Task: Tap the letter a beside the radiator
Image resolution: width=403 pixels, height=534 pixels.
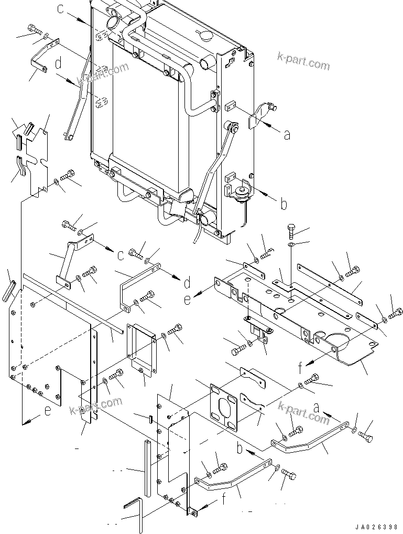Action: click(286, 135)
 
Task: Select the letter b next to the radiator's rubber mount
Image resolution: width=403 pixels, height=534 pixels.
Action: click(284, 204)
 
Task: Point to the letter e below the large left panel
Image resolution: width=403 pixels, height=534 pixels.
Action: click(48, 412)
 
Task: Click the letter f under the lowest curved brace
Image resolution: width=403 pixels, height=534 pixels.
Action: click(224, 499)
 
